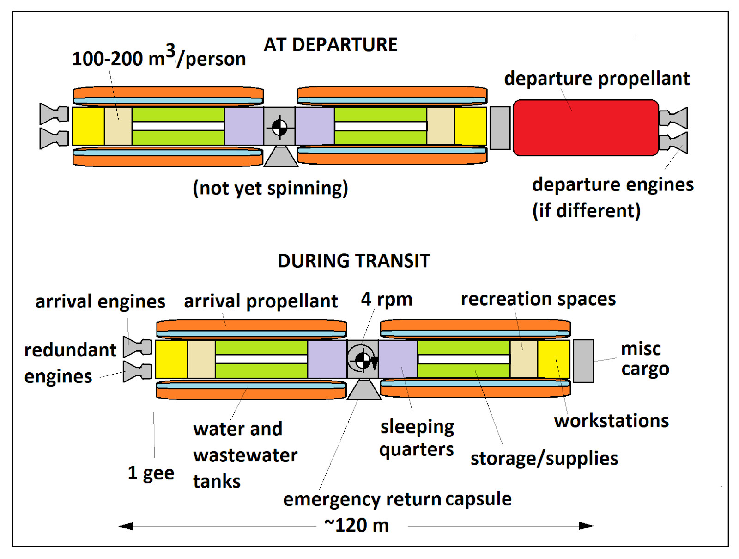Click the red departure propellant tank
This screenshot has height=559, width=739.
pos(586,128)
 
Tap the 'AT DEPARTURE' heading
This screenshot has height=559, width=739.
pos(330,45)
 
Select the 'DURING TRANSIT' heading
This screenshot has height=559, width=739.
pos(353,261)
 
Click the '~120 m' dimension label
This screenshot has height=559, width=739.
pos(357,525)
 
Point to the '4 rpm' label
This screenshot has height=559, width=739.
pos(386,299)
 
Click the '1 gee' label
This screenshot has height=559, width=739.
pos(151,473)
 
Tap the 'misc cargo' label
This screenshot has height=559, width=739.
pos(645,358)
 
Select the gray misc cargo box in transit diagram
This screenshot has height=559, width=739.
pos(583,361)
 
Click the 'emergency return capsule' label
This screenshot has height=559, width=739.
pos(397,499)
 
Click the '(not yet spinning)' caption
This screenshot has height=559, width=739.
pos(270,188)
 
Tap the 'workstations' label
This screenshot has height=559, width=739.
pos(611,421)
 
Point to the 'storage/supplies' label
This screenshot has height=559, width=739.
pos(544,458)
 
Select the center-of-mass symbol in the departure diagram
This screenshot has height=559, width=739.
pos(279,128)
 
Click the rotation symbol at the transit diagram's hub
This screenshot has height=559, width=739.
pos(363,360)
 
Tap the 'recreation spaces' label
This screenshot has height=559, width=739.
pos(538,299)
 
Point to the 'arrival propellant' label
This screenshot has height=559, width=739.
pos(260,301)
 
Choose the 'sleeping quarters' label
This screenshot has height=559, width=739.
pos(417,438)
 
